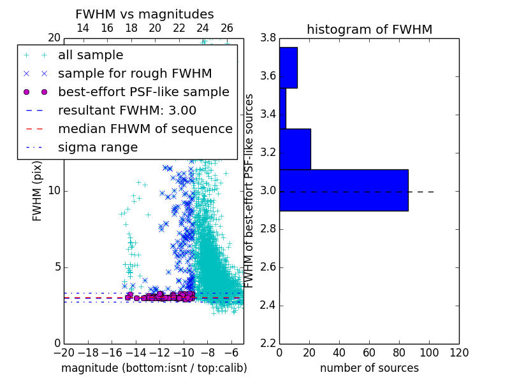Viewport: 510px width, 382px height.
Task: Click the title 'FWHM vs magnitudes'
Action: tap(145, 14)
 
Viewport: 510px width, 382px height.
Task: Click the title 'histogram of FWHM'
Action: tap(370, 29)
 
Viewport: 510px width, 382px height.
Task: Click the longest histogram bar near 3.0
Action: tap(344, 190)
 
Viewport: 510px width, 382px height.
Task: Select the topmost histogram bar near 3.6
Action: tap(289, 67)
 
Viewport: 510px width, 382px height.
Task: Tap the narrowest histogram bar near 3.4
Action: tap(282, 108)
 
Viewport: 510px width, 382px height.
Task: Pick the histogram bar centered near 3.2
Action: tap(295, 149)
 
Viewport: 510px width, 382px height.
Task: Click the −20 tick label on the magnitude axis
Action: tap(64, 353)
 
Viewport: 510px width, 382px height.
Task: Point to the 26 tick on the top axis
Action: tap(226, 28)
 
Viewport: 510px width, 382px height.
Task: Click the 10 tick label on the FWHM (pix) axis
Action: tap(54, 190)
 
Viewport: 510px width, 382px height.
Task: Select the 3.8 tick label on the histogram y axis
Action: tap(268, 38)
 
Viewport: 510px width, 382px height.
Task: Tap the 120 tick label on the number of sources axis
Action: tap(459, 353)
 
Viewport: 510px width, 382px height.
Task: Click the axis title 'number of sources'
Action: tap(370, 368)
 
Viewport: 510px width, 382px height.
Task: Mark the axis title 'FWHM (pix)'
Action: tap(37, 192)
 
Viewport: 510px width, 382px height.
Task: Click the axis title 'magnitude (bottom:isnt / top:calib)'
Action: tap(154, 368)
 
